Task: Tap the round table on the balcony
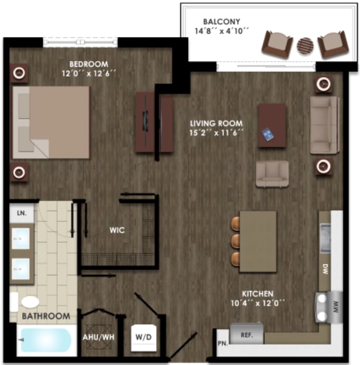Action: pos(306,45)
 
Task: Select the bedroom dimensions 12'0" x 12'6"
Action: pos(88,73)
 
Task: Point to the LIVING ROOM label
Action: pos(216,122)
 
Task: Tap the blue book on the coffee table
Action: pos(267,135)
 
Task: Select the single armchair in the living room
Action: pos(272,174)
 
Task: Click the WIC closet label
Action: pos(117,230)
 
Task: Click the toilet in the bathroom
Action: pos(28,302)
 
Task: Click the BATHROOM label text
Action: pos(46,316)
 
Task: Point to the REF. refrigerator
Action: pos(247,334)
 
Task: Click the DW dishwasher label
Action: pos(325,269)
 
